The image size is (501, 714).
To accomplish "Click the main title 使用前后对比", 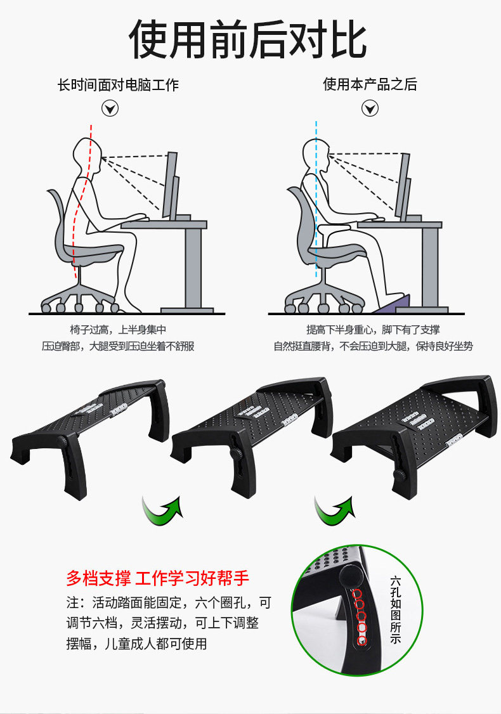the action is [248, 39].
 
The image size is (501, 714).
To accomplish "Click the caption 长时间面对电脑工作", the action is [118, 85].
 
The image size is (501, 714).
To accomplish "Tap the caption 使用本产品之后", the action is [370, 84].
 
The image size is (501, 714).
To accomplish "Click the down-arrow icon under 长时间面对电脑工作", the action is [110, 109].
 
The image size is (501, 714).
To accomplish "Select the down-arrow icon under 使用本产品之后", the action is [370, 109].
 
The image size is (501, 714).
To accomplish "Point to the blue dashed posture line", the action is [316, 200].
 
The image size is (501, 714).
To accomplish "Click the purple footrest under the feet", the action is [393, 304].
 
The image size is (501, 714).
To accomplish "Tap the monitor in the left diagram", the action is [171, 185].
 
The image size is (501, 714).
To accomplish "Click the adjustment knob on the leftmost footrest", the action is [62, 441].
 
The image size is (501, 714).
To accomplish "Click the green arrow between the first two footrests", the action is [162, 512].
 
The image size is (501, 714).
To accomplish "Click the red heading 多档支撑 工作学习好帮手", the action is [157, 578].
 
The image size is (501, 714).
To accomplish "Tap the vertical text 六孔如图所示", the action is [395, 610].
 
